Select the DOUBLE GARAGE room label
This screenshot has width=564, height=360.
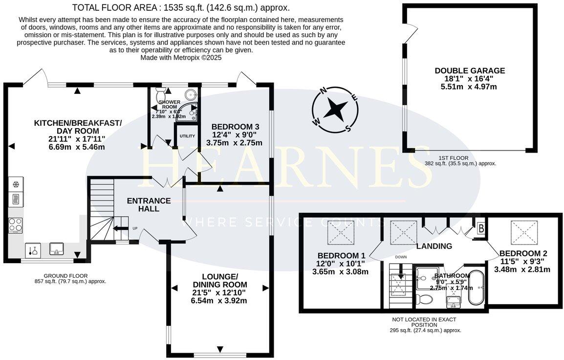tap(470, 71)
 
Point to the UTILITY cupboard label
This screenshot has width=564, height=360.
tap(187, 136)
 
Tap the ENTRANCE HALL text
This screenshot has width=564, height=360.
tap(149, 204)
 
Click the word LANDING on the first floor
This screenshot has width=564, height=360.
tap(434, 246)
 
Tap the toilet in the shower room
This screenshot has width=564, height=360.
tap(160, 95)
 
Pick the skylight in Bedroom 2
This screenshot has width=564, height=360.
tap(521, 229)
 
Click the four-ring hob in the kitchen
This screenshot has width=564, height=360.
tap(15, 225)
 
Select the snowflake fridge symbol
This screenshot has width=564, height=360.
tap(15, 184)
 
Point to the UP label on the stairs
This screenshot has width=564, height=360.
tap(134, 228)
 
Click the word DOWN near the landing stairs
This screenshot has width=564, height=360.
tap(401, 256)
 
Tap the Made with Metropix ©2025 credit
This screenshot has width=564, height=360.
tap(181, 57)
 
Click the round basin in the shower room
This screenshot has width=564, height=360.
tap(191, 95)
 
